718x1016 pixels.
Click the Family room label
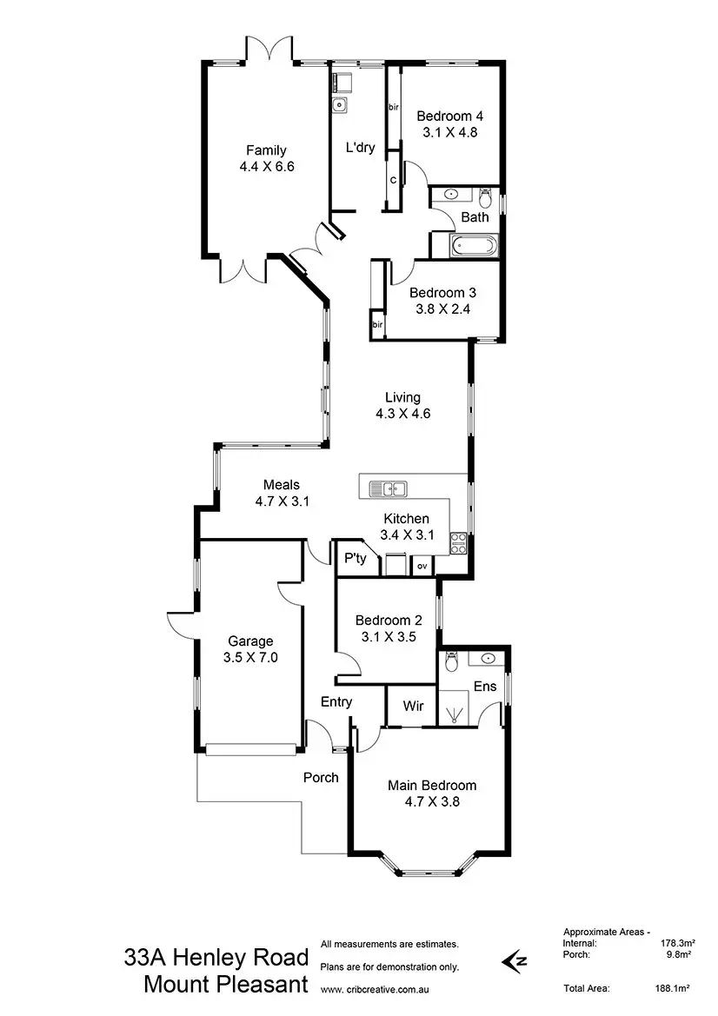[x=265, y=150]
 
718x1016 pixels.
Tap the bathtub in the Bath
[x=475, y=246]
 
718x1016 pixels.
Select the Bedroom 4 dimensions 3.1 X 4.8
[x=449, y=133]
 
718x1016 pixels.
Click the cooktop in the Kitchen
[x=458, y=543]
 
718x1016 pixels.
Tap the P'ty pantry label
[x=354, y=558]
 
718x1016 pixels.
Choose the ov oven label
[x=422, y=566]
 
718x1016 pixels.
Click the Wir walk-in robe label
[x=414, y=706]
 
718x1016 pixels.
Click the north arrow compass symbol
[x=515, y=960]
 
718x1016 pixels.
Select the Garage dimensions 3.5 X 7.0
[x=249, y=657]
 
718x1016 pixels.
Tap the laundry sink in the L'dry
[x=339, y=106]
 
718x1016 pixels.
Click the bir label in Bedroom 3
[x=377, y=324]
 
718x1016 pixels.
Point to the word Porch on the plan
[x=321, y=777]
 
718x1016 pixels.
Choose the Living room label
[x=402, y=398]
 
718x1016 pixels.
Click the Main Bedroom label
[x=432, y=786]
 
